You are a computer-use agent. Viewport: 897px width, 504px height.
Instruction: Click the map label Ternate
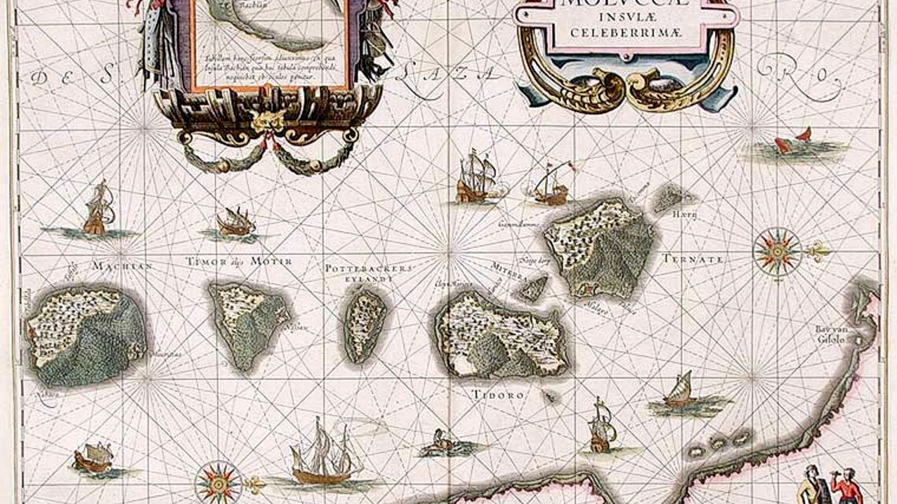click(693, 260)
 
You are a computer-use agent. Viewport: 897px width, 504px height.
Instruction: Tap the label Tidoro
click(498, 395)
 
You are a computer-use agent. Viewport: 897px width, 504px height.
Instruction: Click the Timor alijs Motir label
click(239, 262)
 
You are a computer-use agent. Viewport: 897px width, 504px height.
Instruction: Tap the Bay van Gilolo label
click(830, 334)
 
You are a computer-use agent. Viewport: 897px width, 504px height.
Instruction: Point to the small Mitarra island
click(533, 287)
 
